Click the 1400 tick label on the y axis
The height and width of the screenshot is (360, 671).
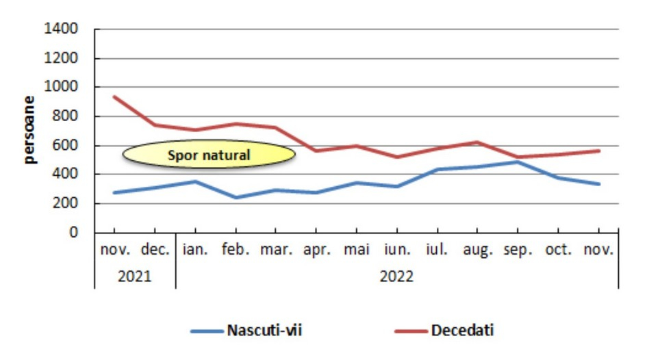click(61, 29)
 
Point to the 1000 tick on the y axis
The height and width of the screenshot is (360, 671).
click(61, 88)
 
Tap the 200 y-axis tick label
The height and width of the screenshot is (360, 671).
click(66, 204)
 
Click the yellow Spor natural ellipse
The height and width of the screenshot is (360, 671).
click(209, 155)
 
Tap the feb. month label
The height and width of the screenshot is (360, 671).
click(236, 250)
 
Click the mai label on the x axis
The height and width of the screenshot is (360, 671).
click(357, 250)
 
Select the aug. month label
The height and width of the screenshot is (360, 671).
click(477, 250)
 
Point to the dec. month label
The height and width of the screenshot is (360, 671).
click(155, 250)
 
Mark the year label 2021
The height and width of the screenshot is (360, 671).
click(135, 277)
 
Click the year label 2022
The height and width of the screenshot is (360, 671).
click(397, 277)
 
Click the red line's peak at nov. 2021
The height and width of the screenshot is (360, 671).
click(115, 97)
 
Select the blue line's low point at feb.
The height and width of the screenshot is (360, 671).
click(236, 198)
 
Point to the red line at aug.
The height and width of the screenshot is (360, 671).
click(478, 142)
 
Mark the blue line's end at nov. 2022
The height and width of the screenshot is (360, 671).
click(599, 184)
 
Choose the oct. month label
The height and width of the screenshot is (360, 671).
click(559, 250)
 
